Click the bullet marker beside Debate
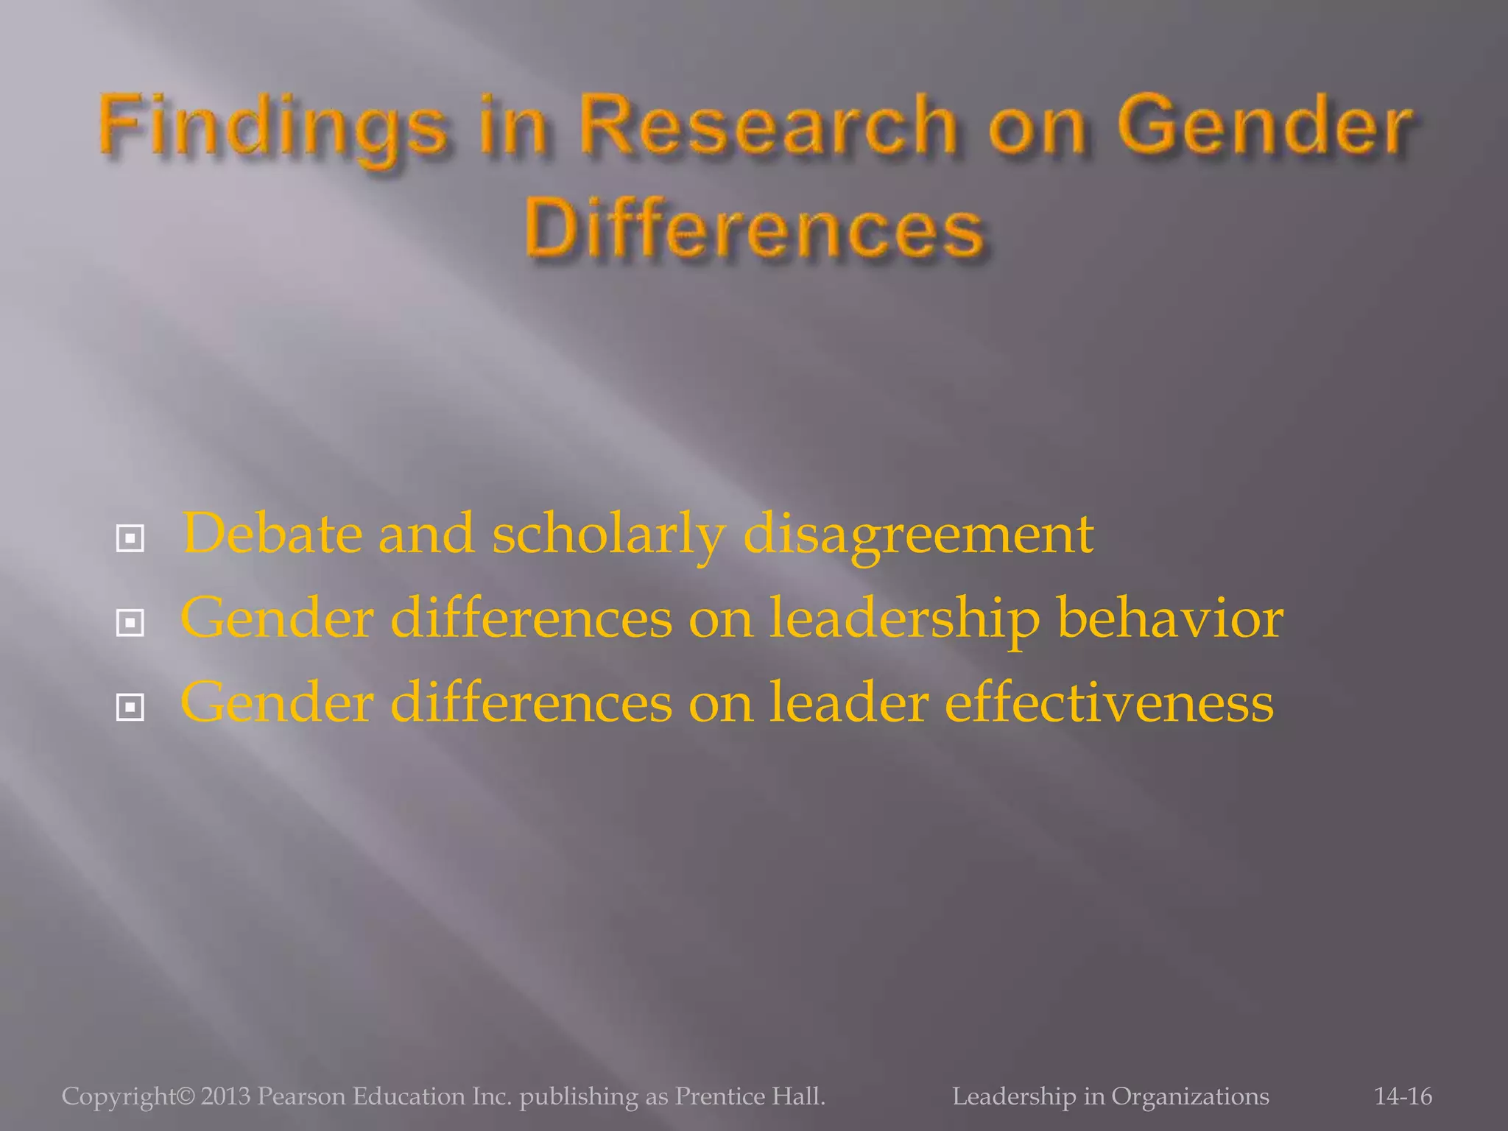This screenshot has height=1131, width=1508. (x=130, y=538)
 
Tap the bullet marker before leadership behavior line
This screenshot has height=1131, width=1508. (x=130, y=623)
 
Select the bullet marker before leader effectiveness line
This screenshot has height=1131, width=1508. (x=130, y=708)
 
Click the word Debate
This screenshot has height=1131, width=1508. (x=272, y=533)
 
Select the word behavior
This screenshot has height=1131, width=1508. (x=1170, y=619)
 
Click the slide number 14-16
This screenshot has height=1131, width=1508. (x=1403, y=1096)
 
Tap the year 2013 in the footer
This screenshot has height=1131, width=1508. (x=225, y=1096)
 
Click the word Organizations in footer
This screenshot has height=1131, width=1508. (x=1190, y=1096)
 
